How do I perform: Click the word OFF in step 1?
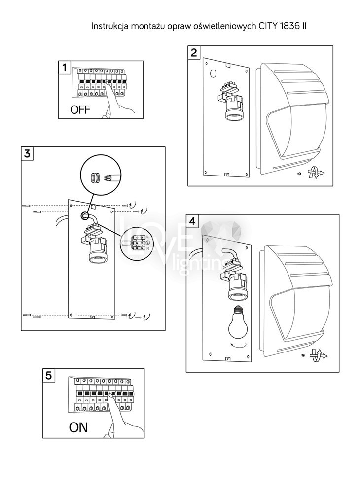(x=80, y=110)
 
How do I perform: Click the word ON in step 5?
(x=78, y=427)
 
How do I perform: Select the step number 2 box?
(x=195, y=52)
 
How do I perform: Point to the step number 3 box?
(x=28, y=153)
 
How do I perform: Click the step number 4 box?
(x=192, y=221)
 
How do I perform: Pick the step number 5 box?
(x=48, y=375)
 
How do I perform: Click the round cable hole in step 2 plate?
(x=214, y=74)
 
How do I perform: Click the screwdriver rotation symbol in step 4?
(x=317, y=355)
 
